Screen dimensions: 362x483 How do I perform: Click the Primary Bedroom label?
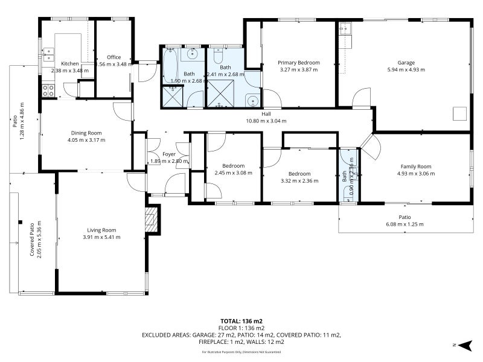coord(298,62)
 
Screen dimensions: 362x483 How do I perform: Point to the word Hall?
coord(266,113)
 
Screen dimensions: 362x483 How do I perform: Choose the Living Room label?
coord(101,230)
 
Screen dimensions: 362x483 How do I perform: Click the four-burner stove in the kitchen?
coord(48,91)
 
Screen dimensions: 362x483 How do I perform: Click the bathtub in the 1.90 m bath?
coord(170,66)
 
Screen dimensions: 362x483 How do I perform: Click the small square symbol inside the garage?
coord(461,112)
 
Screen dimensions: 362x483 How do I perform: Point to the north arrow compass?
coord(464,345)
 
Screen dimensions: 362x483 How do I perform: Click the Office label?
coord(114,57)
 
